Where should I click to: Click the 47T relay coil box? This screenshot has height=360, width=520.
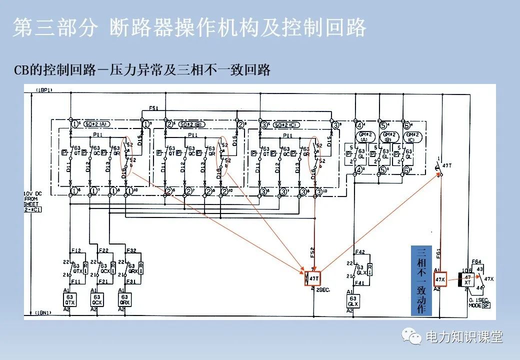click(x=313, y=278)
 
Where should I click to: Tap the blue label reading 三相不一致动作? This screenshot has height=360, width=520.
click(x=420, y=280)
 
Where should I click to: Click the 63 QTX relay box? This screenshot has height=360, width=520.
click(x=69, y=299)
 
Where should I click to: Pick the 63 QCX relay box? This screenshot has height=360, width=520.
click(x=97, y=299)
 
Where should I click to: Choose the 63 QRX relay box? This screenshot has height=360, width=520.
click(x=124, y=299)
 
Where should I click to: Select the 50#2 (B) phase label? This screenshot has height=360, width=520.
click(x=189, y=124)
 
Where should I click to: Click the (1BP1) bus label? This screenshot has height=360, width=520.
click(x=44, y=90)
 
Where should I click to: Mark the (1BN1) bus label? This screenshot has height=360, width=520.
click(x=44, y=312)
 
